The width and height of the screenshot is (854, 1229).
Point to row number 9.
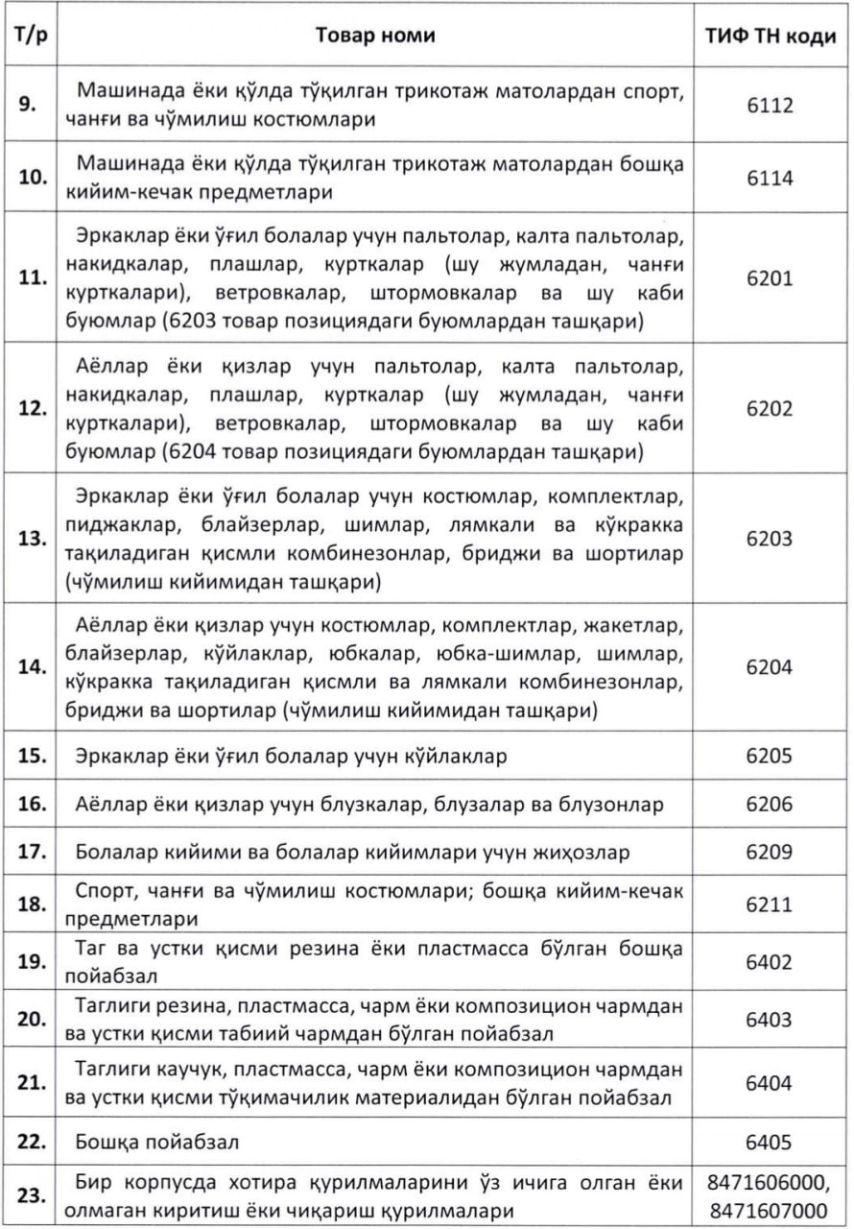29,105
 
